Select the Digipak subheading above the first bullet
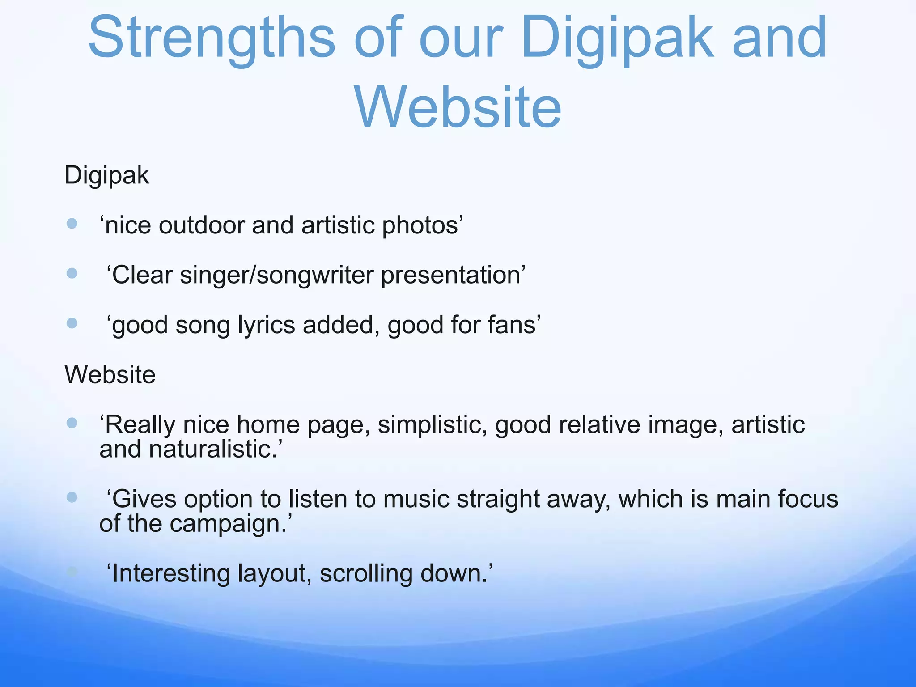point(106,175)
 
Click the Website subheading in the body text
point(110,374)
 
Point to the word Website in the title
point(458,107)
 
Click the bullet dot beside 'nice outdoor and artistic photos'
point(72,223)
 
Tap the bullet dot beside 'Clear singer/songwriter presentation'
point(72,273)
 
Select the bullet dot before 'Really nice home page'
point(72,423)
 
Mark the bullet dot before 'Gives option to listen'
point(72,497)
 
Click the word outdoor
point(201,225)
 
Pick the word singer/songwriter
point(276,275)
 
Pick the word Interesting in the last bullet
point(170,574)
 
